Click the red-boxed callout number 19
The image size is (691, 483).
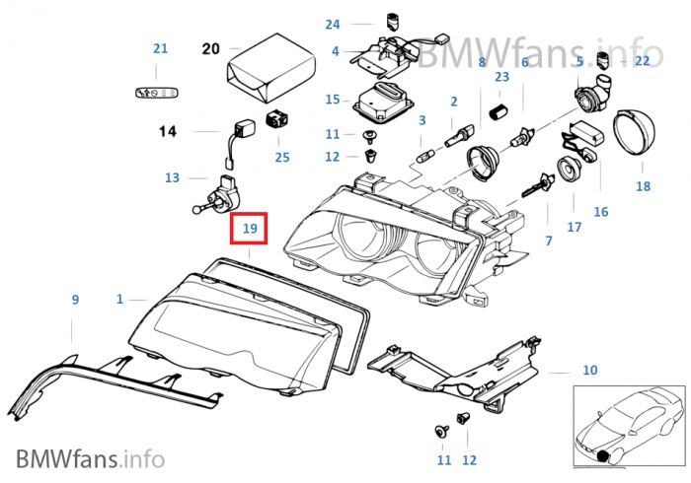tap(250, 229)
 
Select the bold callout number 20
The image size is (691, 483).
tap(209, 47)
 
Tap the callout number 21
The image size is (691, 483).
tap(161, 48)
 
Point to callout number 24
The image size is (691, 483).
tap(332, 24)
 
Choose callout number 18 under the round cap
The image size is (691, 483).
tap(644, 185)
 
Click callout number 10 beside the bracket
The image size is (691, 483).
tap(589, 371)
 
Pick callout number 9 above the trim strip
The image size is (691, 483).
tap(74, 299)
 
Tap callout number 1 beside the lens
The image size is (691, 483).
tap(120, 298)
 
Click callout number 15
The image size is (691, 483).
tap(332, 100)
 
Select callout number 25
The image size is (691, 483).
tap(282, 156)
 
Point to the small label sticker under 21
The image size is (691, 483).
tap(156, 92)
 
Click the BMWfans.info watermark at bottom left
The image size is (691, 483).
tap(90, 458)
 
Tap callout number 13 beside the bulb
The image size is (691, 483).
tap(173, 178)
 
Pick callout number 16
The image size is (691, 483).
tap(601, 212)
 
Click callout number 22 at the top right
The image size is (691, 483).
tap(643, 61)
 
